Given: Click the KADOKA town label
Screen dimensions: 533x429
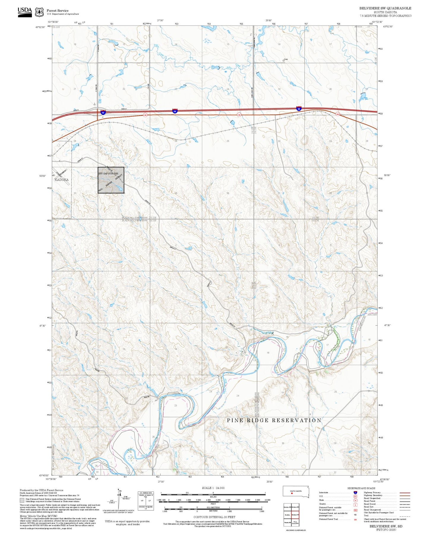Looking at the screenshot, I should [61, 180].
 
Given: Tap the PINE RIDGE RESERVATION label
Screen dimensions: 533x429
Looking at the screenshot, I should [274, 420].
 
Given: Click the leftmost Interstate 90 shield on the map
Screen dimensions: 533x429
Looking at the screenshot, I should [103, 113].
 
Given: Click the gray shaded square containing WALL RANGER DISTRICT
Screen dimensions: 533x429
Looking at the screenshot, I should [111, 180].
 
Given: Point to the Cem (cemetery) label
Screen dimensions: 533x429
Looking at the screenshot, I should [286, 59].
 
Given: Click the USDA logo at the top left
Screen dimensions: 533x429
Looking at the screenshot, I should [25, 12].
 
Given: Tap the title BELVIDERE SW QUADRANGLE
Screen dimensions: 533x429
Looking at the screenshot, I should [385, 8].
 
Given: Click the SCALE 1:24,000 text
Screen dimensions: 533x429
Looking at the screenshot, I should [213, 488].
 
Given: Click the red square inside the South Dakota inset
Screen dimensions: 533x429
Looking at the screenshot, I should [292, 493].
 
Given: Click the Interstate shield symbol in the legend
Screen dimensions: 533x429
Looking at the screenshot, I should [355, 493].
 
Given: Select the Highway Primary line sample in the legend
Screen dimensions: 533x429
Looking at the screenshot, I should [405, 493].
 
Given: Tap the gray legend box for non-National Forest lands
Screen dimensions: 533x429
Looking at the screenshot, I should [22, 500].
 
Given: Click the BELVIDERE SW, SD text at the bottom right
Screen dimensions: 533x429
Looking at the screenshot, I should [386, 526].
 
